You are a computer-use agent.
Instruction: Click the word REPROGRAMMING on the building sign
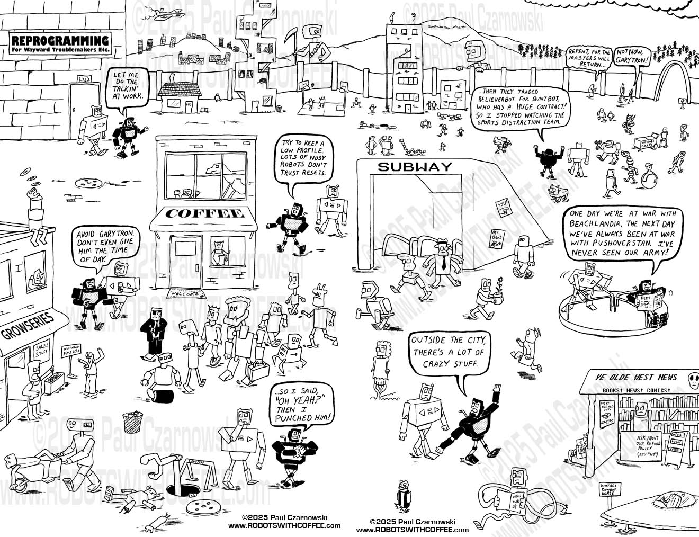pos(60,41)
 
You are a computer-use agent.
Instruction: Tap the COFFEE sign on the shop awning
pos(204,214)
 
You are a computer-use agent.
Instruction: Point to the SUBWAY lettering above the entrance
pos(415,167)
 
